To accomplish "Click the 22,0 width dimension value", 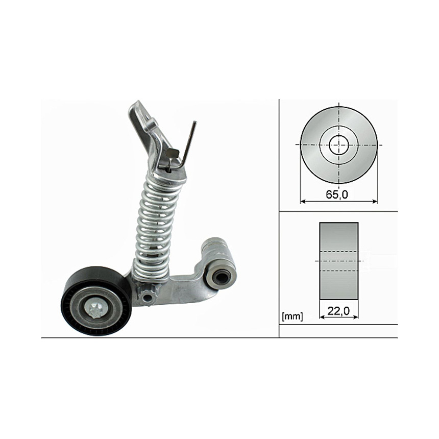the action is pyautogui.click(x=338, y=311).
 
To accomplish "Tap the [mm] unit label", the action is pyautogui.click(x=292, y=316).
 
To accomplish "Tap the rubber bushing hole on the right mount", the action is pyautogui.click(x=221, y=277).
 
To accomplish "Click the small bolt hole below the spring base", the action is pyautogui.click(x=146, y=297).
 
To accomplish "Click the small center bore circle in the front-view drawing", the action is pyautogui.click(x=339, y=145).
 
